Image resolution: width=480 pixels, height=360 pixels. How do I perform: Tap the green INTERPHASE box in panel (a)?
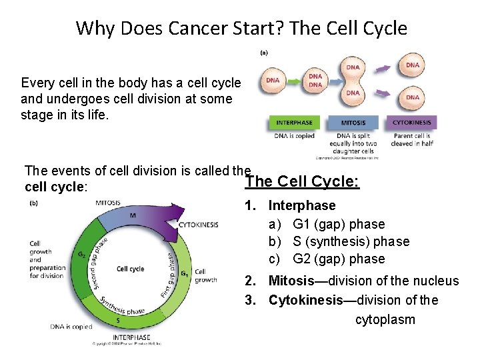(x=294, y=123)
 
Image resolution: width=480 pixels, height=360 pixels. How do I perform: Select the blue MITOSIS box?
(x=353, y=123)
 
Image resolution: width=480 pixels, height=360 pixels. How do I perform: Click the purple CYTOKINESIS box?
(x=412, y=123)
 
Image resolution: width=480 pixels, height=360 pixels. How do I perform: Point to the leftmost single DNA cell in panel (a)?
(x=273, y=81)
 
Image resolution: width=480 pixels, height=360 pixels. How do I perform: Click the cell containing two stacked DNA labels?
(x=314, y=81)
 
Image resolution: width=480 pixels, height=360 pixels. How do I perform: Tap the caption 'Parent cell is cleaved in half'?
(x=412, y=140)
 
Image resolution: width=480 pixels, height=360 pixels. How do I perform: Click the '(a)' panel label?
(x=264, y=53)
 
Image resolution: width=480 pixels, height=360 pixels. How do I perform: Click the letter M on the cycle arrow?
(x=132, y=215)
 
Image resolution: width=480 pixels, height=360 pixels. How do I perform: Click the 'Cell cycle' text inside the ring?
(x=130, y=269)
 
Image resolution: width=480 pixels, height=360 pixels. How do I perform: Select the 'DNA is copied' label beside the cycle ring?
(x=71, y=327)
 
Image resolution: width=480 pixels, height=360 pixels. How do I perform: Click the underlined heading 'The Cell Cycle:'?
(x=302, y=182)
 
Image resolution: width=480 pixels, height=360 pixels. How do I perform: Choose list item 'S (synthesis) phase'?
(x=351, y=241)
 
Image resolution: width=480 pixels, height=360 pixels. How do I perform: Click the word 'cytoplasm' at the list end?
(x=385, y=319)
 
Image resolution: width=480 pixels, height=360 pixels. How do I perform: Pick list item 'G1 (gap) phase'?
(x=339, y=224)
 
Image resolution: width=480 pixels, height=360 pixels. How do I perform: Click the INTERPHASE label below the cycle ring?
(x=131, y=337)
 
